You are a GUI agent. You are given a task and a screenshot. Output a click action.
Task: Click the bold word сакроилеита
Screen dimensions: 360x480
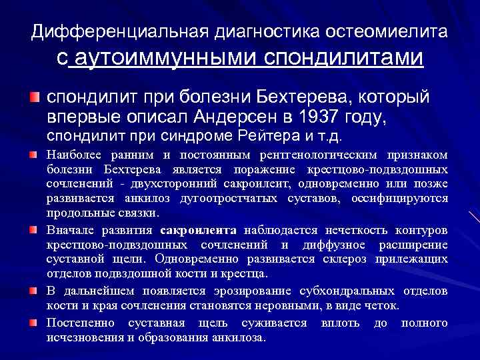[199, 231]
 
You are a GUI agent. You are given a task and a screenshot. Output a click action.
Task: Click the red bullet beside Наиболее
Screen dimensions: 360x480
[33, 155]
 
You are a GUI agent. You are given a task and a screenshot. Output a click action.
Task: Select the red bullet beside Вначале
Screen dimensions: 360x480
[33, 230]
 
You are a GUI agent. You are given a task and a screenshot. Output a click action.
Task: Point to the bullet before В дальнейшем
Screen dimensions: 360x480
[33, 291]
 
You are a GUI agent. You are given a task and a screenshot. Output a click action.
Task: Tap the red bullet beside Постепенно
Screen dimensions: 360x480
[33, 323]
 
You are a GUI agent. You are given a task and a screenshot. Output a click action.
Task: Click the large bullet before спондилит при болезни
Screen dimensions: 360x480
[33, 97]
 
